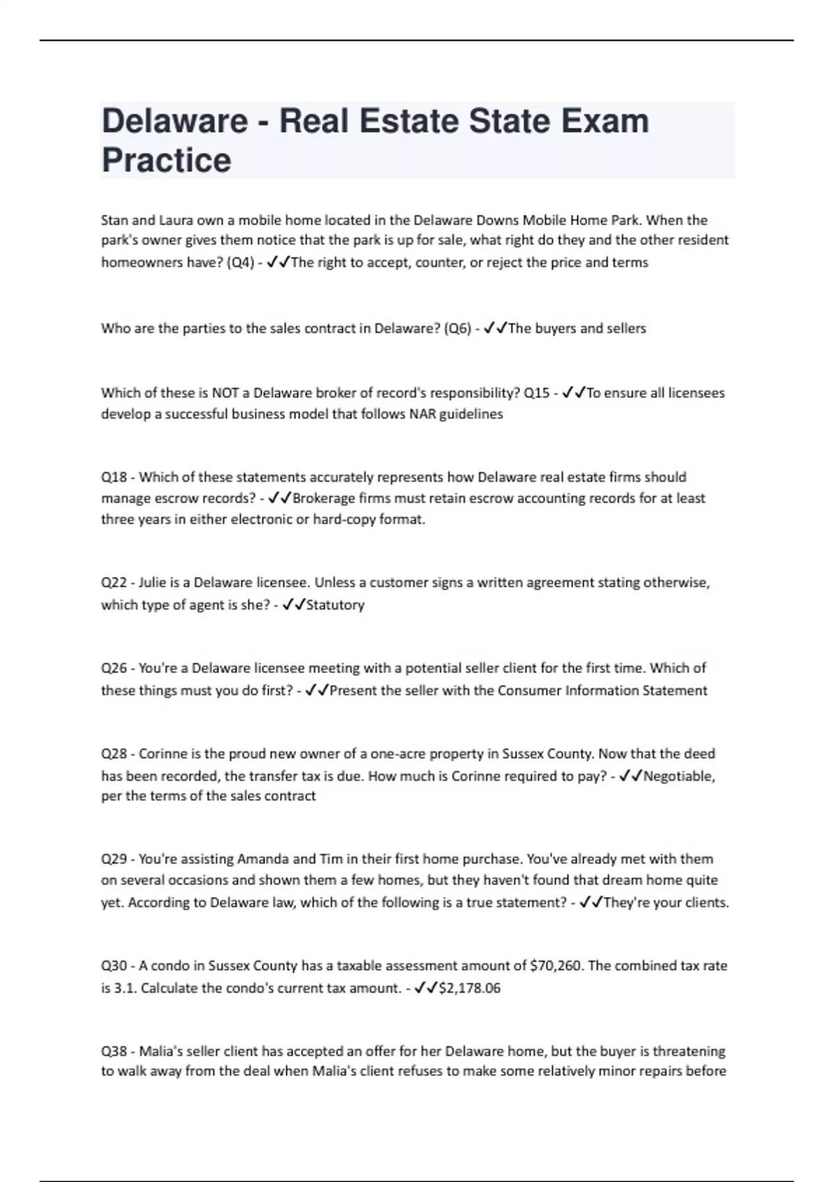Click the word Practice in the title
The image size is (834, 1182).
click(166, 160)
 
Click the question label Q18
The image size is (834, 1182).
click(114, 477)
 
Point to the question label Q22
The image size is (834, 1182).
click(114, 583)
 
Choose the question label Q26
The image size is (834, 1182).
click(114, 668)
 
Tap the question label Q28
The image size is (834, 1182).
click(114, 754)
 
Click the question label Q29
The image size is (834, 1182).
click(114, 859)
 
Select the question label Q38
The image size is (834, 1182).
click(114, 1051)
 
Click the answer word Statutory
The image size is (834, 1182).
click(335, 605)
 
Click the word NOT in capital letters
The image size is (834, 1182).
click(225, 393)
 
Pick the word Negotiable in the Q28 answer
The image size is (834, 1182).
click(678, 776)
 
